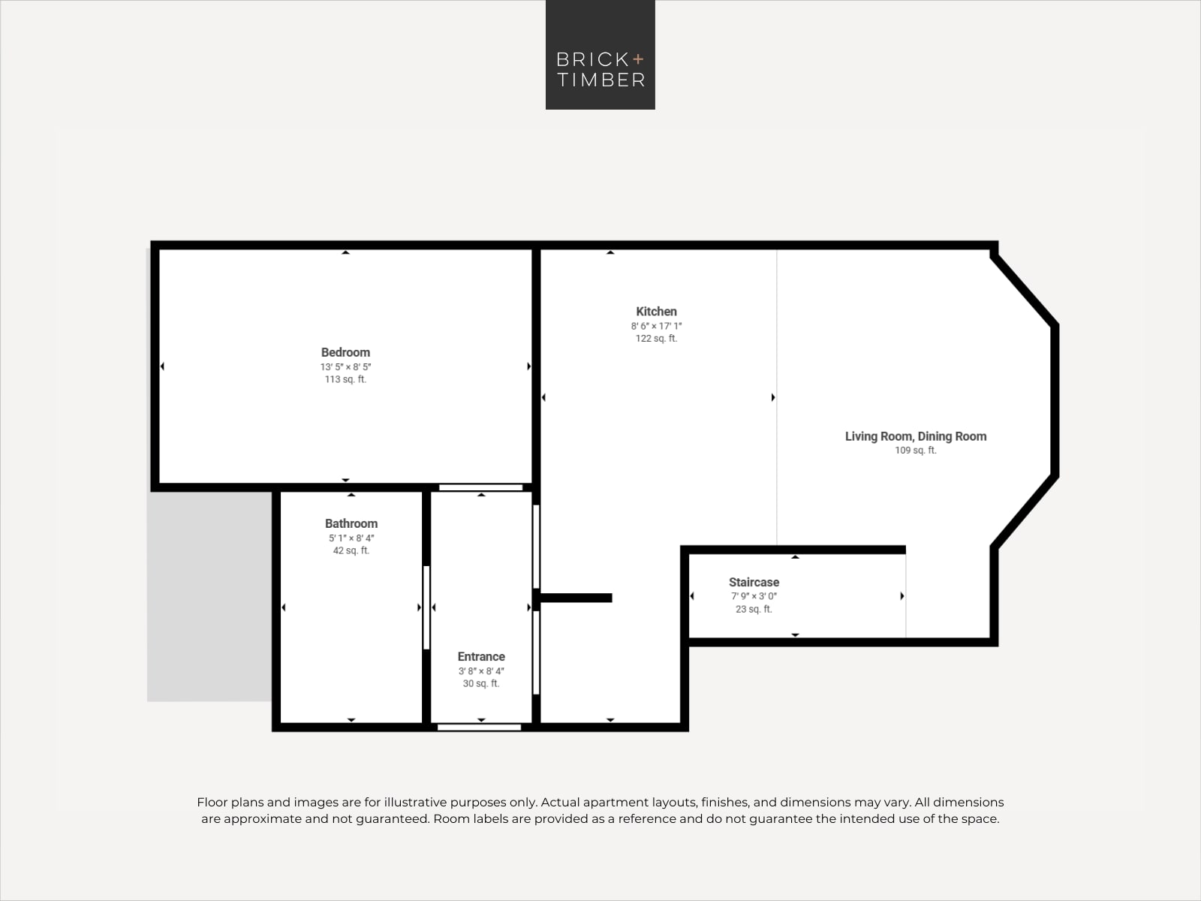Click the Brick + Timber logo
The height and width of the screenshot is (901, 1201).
(600, 55)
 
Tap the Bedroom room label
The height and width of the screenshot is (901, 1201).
(345, 352)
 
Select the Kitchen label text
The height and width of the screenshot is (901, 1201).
(656, 312)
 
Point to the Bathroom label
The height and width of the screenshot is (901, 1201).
(351, 523)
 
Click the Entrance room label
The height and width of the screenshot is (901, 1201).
(481, 656)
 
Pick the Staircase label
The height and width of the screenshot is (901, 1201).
(754, 582)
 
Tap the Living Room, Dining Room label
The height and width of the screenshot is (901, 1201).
(916, 436)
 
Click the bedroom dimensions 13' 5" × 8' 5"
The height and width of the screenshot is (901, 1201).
(345, 366)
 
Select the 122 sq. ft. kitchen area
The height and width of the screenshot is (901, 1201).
(656, 338)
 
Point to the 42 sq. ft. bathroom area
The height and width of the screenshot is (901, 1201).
(351, 550)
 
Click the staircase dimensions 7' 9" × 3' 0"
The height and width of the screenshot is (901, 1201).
(754, 596)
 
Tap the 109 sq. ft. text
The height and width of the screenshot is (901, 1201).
(916, 450)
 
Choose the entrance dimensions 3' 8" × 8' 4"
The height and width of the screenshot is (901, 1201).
(481, 670)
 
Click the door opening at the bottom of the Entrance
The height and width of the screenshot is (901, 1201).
(480, 727)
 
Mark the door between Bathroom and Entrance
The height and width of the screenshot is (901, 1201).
(426, 607)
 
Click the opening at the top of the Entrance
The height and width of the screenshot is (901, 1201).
(481, 487)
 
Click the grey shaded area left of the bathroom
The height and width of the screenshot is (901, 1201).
(209, 595)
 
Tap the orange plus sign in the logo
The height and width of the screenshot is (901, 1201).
(638, 59)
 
